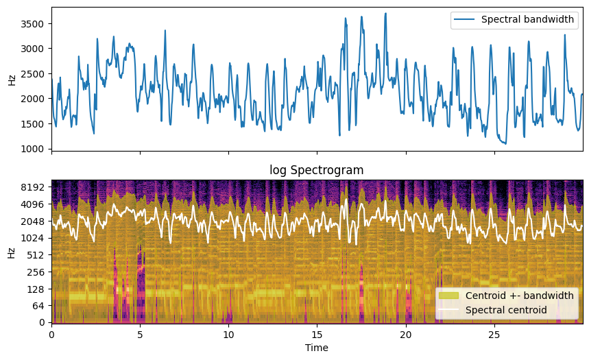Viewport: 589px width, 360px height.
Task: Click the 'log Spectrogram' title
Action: coord(317,170)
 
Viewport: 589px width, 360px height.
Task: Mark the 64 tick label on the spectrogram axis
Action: coord(39,305)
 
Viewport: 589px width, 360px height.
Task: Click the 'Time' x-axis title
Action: coord(317,348)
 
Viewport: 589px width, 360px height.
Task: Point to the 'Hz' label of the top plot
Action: coord(12,80)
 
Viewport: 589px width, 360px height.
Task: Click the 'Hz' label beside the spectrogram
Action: coord(12,252)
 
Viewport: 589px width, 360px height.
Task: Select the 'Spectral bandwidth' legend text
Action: coord(527,20)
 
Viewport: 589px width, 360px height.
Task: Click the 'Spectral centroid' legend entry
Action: coord(506,310)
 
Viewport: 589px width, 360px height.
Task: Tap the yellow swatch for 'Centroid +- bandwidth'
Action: coord(449,296)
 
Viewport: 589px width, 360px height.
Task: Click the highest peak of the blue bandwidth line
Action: coord(385,13)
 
